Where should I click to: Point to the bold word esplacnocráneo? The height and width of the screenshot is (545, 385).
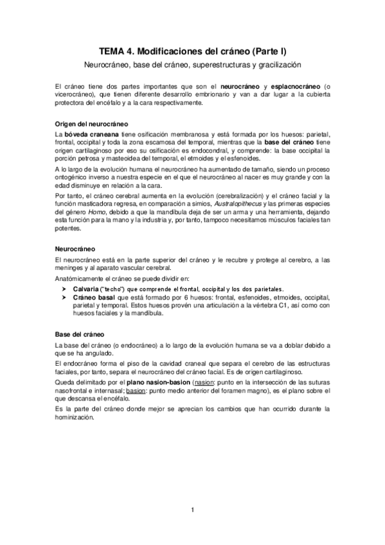click(x=289, y=86)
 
